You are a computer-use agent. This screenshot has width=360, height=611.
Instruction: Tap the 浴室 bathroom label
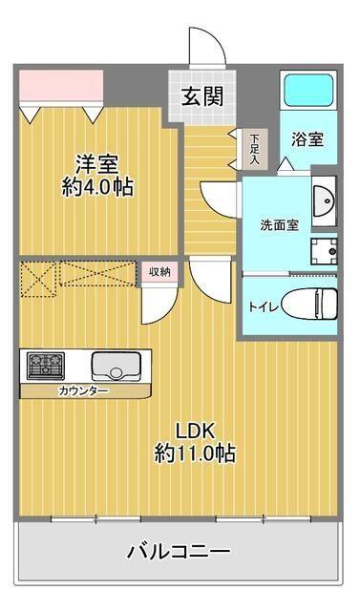307,138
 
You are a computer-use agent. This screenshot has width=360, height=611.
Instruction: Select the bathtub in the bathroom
306,93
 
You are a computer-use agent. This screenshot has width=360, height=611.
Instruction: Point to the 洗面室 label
280,225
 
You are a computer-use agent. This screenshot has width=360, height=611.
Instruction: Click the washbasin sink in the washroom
324,201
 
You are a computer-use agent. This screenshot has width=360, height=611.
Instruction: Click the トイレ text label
259,307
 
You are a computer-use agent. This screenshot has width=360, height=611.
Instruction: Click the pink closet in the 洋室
60,87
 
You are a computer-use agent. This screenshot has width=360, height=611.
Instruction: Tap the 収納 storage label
159,272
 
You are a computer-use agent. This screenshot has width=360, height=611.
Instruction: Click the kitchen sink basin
116,365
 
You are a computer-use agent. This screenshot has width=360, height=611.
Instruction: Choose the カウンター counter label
83,391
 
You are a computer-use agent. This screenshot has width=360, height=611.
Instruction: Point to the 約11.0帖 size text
195,453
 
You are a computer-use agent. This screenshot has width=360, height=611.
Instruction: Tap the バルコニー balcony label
179,551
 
